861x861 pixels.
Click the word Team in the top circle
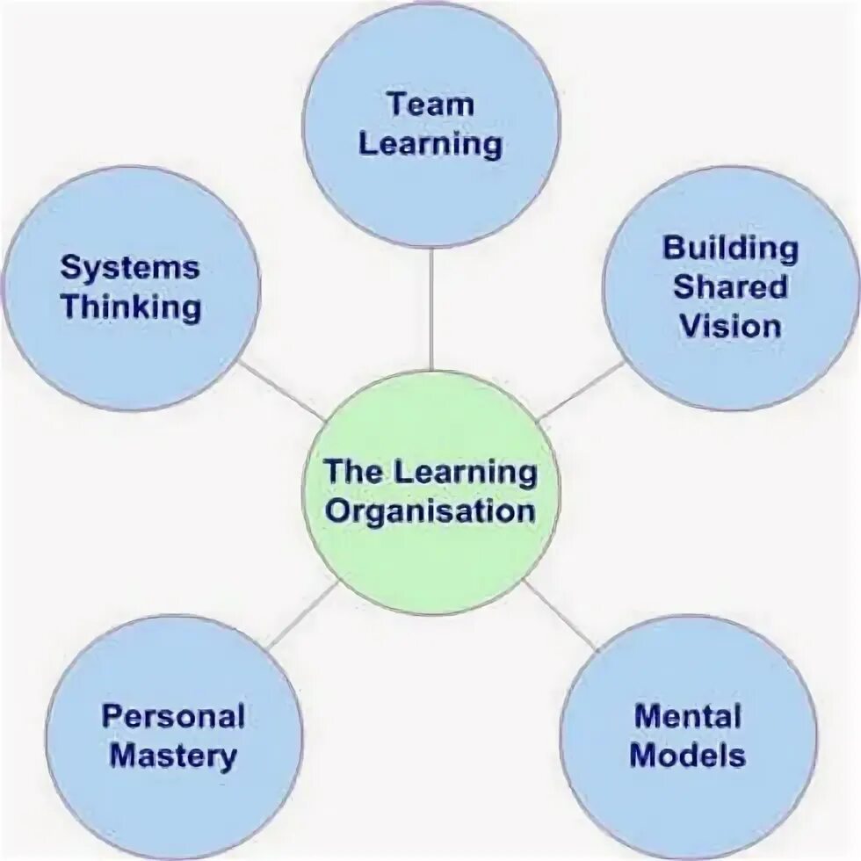[430, 105]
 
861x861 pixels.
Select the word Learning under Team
[430, 144]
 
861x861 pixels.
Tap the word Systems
[130, 268]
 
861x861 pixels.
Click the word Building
[730, 248]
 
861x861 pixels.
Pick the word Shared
[730, 287]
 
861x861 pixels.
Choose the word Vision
[730, 327]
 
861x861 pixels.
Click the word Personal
[173, 716]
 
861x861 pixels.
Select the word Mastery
[173, 756]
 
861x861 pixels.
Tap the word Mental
[688, 716]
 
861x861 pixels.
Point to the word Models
[688, 756]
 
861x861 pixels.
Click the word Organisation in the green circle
[430, 511]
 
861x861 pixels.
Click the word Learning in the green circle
[466, 472]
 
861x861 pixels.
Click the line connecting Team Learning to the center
[430, 307]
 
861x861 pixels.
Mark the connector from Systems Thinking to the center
[279, 389]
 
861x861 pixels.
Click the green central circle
[430, 562]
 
